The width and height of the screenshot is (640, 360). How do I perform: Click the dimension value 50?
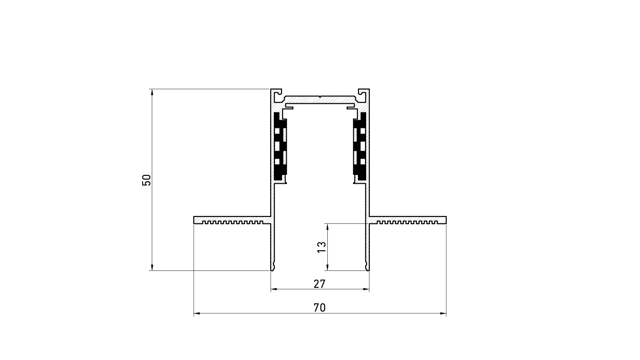[146, 180]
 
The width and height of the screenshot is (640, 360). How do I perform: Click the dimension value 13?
[322, 247]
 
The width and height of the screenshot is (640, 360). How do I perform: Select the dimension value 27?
[320, 284]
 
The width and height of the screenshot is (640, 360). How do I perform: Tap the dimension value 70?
[320, 308]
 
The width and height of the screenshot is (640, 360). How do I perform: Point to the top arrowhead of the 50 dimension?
[152, 92]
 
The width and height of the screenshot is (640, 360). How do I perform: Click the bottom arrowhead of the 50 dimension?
[152, 268]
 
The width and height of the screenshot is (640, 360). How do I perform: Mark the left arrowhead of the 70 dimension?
[197, 313]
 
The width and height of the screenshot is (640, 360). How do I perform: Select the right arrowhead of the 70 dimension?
[443, 313]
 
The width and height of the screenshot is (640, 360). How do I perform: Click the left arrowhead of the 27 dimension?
[274, 289]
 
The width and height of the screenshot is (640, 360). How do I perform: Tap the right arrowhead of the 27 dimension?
[366, 289]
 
